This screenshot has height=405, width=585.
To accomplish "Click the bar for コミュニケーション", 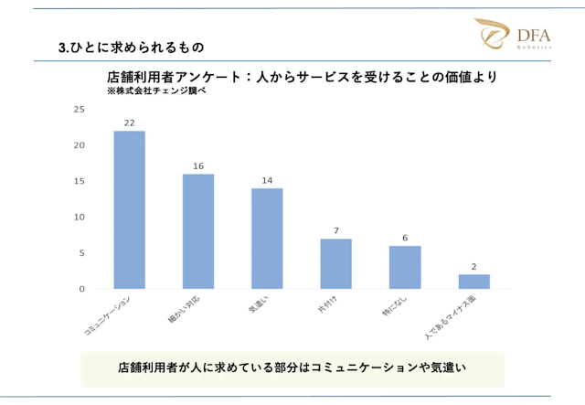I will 129,210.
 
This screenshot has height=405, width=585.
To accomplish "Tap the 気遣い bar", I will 267,239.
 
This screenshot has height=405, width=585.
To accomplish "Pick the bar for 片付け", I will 335,263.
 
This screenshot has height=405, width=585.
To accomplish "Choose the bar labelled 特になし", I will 404,267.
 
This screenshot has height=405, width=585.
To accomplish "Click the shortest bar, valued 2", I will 473,282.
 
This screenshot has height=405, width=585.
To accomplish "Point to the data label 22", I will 129,123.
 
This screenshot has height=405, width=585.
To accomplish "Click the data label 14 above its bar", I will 267,181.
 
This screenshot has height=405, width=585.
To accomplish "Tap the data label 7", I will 335,230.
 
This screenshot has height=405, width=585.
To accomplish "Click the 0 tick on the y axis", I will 81,289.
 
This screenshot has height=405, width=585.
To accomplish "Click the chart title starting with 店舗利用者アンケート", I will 302,78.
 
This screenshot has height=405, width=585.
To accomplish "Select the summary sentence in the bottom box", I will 292,368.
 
